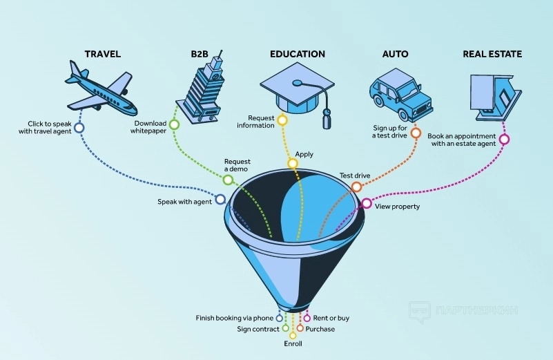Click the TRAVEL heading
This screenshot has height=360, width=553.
[x=102, y=54]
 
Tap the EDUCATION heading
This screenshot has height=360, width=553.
[x=298, y=54]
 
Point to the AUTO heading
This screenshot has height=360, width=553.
[x=395, y=54]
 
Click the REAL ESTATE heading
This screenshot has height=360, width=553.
[x=493, y=54]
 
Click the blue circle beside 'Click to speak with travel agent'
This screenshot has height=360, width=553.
[x=79, y=127]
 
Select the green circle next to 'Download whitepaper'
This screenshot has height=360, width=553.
[x=174, y=125]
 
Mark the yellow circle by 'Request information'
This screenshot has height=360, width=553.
[x=282, y=121]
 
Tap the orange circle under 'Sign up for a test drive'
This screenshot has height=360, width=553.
[x=416, y=132]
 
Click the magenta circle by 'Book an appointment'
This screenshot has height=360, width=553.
[x=504, y=140]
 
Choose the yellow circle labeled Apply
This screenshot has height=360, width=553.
[x=293, y=164]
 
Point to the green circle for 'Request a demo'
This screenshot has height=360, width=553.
[x=227, y=180]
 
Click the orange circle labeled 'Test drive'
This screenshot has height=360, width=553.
[x=356, y=187]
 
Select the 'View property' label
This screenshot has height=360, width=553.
[x=397, y=207]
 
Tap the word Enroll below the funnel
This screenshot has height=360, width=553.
[x=293, y=343]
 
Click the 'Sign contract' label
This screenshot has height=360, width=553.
[x=258, y=329]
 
